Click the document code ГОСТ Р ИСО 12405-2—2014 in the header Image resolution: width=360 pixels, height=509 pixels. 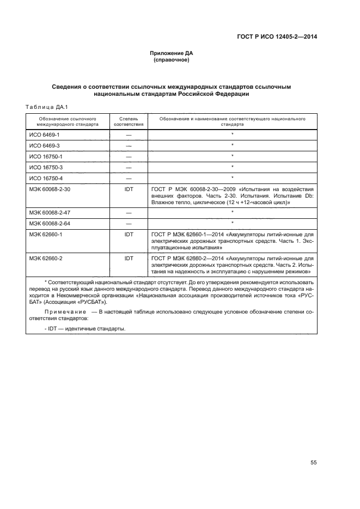[x=277, y=36]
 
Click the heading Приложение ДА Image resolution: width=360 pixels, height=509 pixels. [x=172, y=53]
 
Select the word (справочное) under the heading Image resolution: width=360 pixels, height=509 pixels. [x=172, y=60]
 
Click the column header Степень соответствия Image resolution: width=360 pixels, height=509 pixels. [x=129, y=121]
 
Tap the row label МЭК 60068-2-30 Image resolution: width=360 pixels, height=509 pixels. [x=51, y=189]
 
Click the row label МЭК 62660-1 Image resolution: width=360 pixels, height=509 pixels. [x=47, y=234]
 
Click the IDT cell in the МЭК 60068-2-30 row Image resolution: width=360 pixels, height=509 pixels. [x=129, y=189]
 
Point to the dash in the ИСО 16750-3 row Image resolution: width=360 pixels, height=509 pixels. [x=129, y=167]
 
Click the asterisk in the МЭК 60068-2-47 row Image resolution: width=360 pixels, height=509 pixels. [x=232, y=212]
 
